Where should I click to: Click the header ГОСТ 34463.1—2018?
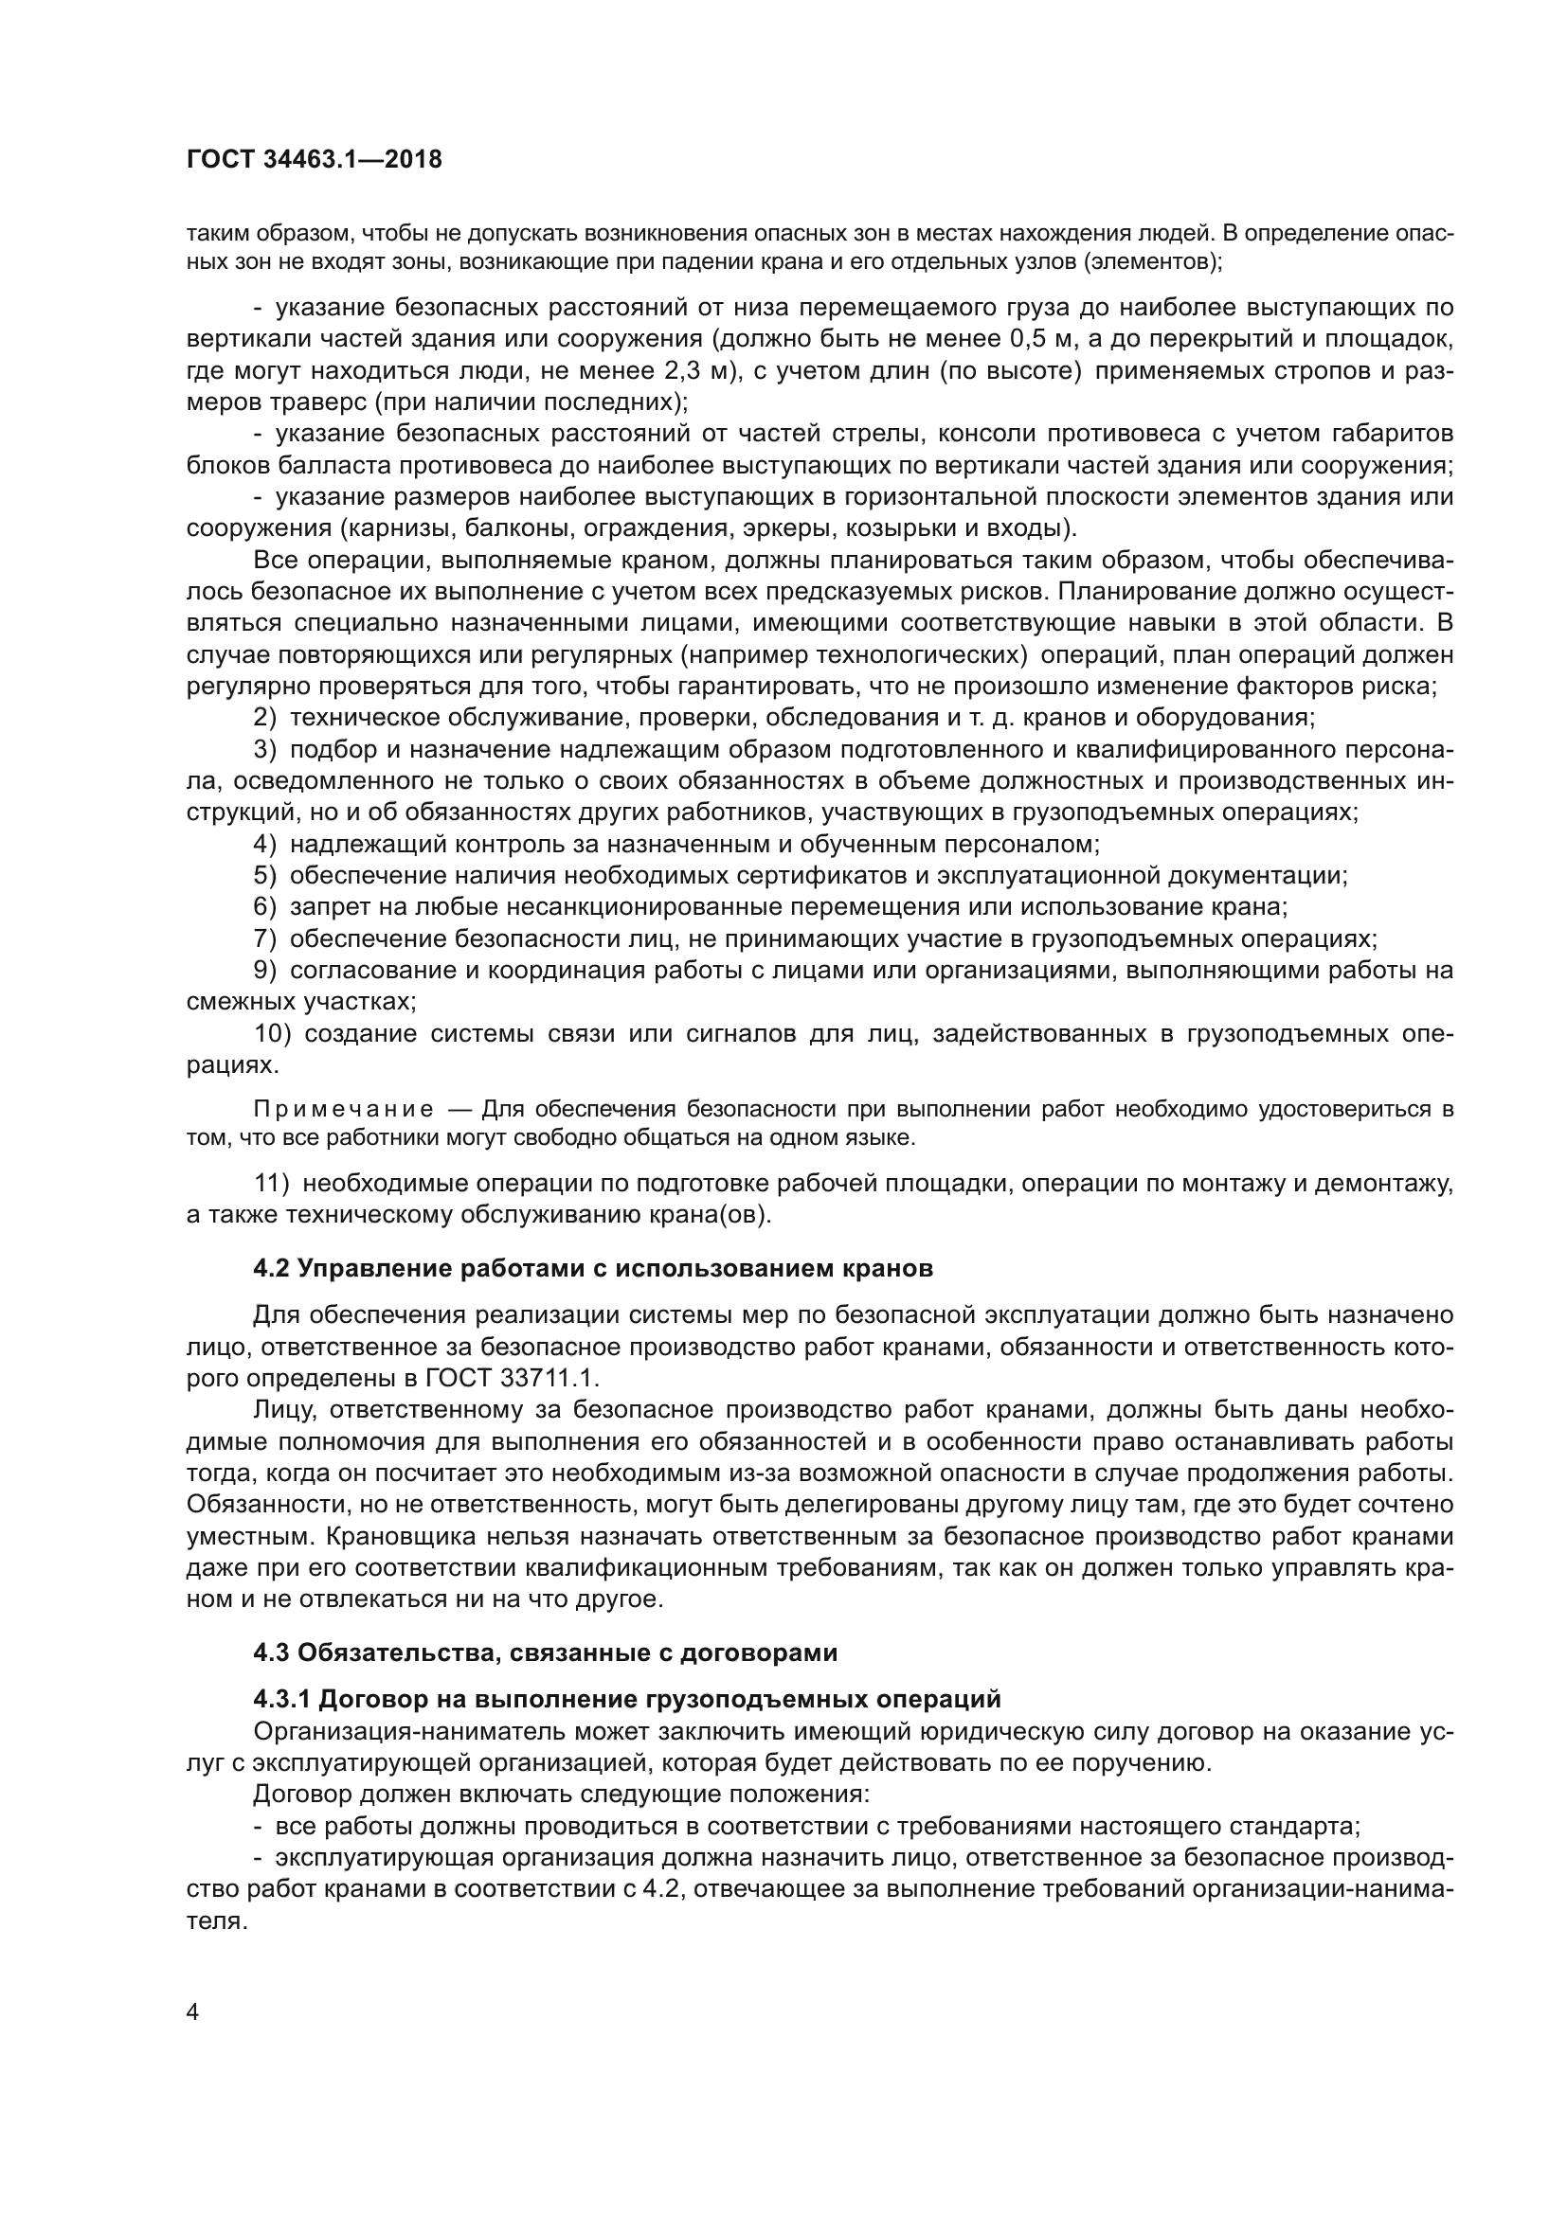point(314,160)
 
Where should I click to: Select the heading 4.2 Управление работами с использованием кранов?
point(592,1269)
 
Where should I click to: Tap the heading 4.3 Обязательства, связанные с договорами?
point(544,1652)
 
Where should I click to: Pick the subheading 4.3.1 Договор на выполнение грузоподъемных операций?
point(626,1699)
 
